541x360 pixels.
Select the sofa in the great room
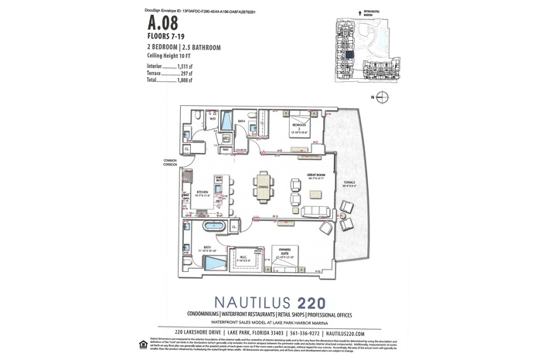(315, 212)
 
